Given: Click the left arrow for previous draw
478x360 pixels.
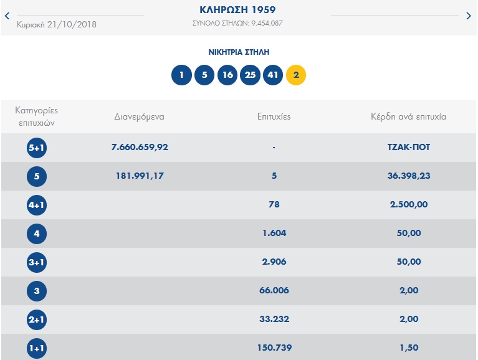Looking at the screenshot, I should pyautogui.click(x=7, y=16).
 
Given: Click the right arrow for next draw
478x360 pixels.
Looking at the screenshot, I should pyautogui.click(x=469, y=16).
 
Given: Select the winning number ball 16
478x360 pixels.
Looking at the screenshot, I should pyautogui.click(x=227, y=75).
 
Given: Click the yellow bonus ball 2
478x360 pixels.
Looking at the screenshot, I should pyautogui.click(x=296, y=75).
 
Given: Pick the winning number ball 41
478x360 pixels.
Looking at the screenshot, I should pyautogui.click(x=273, y=75).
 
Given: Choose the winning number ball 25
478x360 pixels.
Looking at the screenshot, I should pyautogui.click(x=250, y=75).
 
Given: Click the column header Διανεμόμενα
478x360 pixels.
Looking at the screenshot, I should pyautogui.click(x=140, y=116).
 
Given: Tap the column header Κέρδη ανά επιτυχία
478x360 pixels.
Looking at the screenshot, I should pyautogui.click(x=408, y=116).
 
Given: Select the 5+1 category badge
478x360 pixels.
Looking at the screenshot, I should pyautogui.click(x=37, y=148).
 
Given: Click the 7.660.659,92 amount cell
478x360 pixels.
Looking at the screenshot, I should pyautogui.click(x=140, y=148).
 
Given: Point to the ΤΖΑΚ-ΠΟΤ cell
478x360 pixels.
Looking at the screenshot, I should pyautogui.click(x=408, y=148).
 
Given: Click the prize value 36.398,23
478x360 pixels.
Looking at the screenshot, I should pyautogui.click(x=408, y=176).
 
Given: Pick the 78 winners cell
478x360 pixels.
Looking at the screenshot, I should pyautogui.click(x=274, y=205).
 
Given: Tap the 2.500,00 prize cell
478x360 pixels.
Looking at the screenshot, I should pyautogui.click(x=408, y=205).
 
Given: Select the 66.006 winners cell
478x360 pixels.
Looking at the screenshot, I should pyautogui.click(x=274, y=291).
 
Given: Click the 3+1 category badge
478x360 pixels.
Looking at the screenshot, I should pyautogui.click(x=37, y=262).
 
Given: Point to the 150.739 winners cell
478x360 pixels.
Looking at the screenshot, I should pyautogui.click(x=274, y=348).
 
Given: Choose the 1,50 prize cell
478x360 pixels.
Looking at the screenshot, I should pyautogui.click(x=408, y=348).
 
